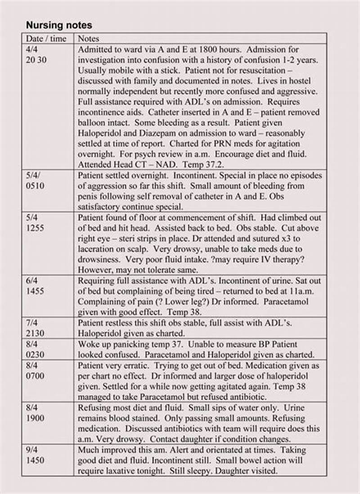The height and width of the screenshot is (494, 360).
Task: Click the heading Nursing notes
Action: click(x=59, y=25)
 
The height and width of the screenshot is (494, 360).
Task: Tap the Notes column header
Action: click(x=89, y=39)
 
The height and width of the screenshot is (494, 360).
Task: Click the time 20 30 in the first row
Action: click(x=36, y=60)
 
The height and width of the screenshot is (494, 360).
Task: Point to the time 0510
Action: click(x=35, y=186)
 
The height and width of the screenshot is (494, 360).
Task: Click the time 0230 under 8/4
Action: click(x=35, y=355)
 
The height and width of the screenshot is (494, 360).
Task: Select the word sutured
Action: click(x=254, y=238)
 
